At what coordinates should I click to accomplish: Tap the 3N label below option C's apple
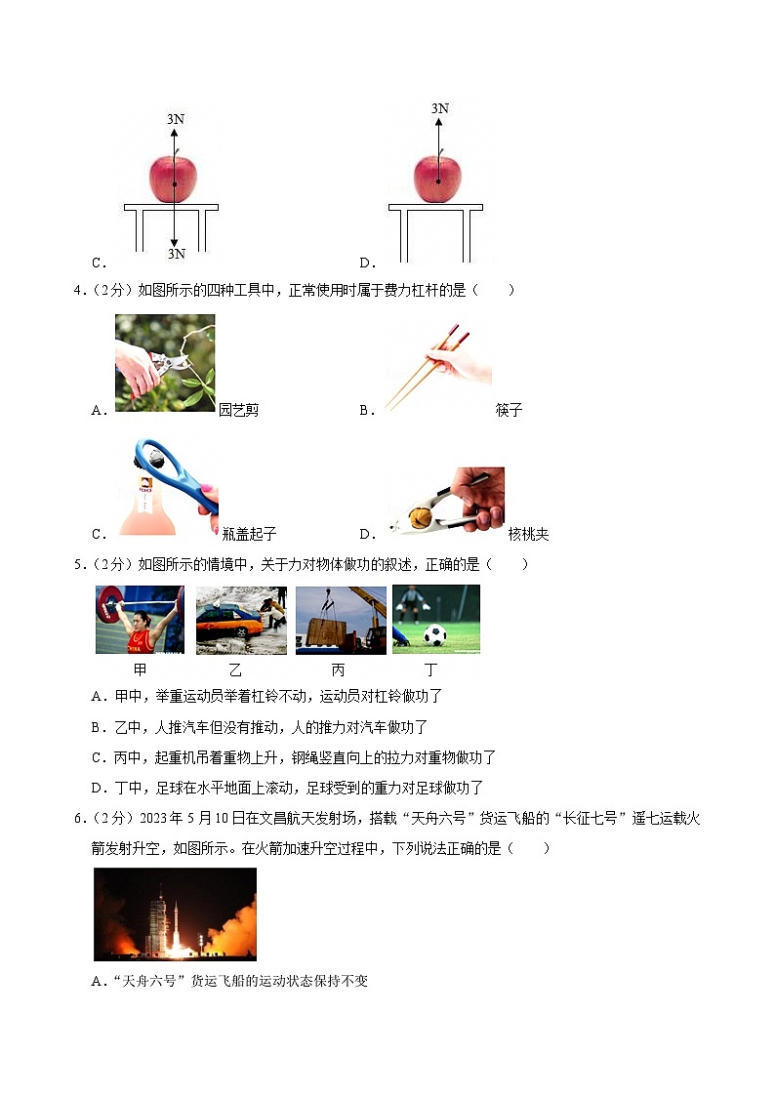point(176,254)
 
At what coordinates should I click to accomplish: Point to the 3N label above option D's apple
point(440,108)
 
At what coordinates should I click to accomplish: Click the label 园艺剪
point(239,410)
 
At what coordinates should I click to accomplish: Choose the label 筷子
point(509,410)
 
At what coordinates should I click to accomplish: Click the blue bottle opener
point(177,478)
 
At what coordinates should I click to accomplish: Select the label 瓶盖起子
point(249,534)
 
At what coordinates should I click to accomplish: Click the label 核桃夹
point(528,534)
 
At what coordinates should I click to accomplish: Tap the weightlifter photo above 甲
point(140,620)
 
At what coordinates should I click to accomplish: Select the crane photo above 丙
point(341,620)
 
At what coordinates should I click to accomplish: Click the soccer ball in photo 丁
point(434,635)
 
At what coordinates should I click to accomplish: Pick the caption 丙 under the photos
point(338,670)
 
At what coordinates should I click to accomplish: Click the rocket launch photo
point(175,913)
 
